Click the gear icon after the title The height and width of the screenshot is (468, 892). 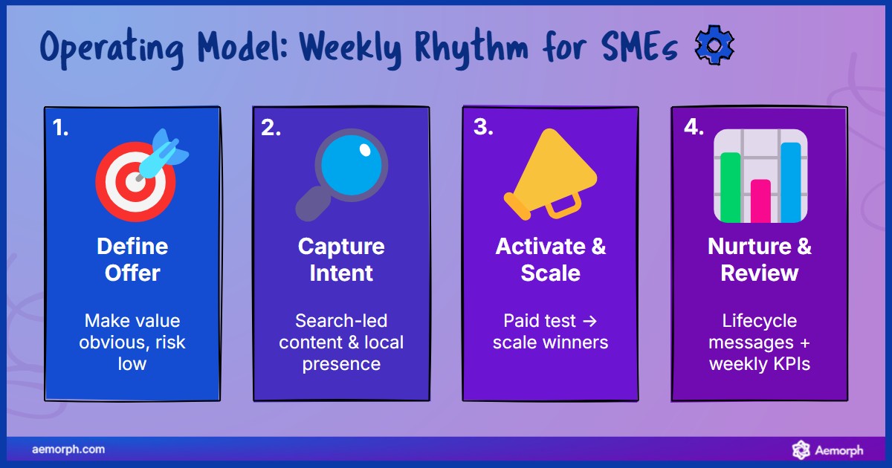pos(714,47)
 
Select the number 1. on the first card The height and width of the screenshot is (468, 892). pos(61,129)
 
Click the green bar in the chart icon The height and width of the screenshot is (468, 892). pos(731,186)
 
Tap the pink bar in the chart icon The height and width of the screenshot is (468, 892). pos(760,200)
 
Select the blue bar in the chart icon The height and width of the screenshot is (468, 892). pos(790,181)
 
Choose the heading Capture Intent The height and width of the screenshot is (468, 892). pos(341,259)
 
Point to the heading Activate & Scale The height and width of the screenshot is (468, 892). pos(550,259)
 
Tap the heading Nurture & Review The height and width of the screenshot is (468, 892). pos(759,259)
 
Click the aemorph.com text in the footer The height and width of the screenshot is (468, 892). pos(68,449)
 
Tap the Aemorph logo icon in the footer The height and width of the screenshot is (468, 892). pos(801,449)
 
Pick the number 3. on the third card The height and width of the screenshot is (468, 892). pos(483,128)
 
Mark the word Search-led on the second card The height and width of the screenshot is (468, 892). pos(341,321)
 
